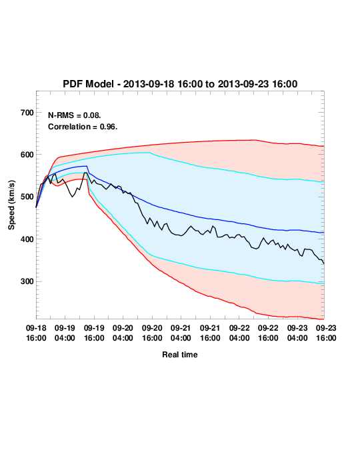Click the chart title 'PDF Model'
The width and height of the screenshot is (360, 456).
[x=88, y=84]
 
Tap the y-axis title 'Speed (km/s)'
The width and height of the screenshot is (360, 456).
[x=11, y=205]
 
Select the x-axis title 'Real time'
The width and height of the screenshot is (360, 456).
[x=180, y=355]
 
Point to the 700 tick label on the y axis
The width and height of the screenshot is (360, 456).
[x=27, y=113]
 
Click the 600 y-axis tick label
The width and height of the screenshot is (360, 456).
[x=27, y=155]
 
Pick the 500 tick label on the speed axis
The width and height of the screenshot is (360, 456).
[x=27, y=197]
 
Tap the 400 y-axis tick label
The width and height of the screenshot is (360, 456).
[x=27, y=239]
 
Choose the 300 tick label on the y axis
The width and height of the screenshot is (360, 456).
[x=27, y=281]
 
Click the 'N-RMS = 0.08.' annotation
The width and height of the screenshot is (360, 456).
[x=75, y=115]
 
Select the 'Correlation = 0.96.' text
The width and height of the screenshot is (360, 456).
[x=83, y=127]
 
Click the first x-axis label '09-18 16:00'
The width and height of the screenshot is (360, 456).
[x=36, y=333]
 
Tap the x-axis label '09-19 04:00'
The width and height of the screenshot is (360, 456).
[x=65, y=333]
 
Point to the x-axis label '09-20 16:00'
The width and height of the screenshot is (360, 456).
[x=152, y=333]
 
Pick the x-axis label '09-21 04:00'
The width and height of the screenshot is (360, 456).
[x=181, y=333]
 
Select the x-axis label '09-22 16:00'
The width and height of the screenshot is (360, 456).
[x=268, y=333]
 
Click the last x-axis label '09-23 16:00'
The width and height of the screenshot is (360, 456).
[x=326, y=333]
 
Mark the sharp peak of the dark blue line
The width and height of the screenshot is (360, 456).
[x=87, y=166]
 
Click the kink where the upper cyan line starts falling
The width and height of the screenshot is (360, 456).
[x=150, y=153]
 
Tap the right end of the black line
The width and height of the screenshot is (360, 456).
[x=324, y=263]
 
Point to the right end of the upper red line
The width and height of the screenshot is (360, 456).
[x=324, y=146]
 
